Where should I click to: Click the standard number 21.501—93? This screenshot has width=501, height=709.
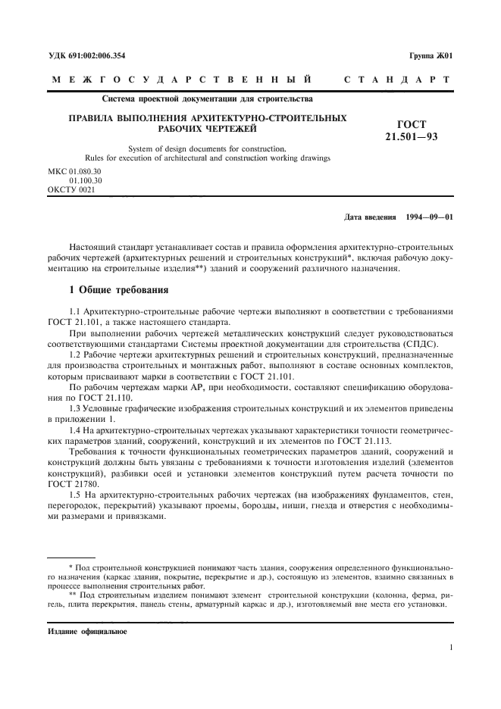click(x=412, y=136)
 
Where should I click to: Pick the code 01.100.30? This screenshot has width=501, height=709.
click(x=85, y=180)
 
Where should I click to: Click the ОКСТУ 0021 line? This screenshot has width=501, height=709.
click(x=72, y=189)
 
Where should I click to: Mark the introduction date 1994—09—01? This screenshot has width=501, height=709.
click(x=430, y=217)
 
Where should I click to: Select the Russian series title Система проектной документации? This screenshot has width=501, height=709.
click(x=205, y=98)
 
